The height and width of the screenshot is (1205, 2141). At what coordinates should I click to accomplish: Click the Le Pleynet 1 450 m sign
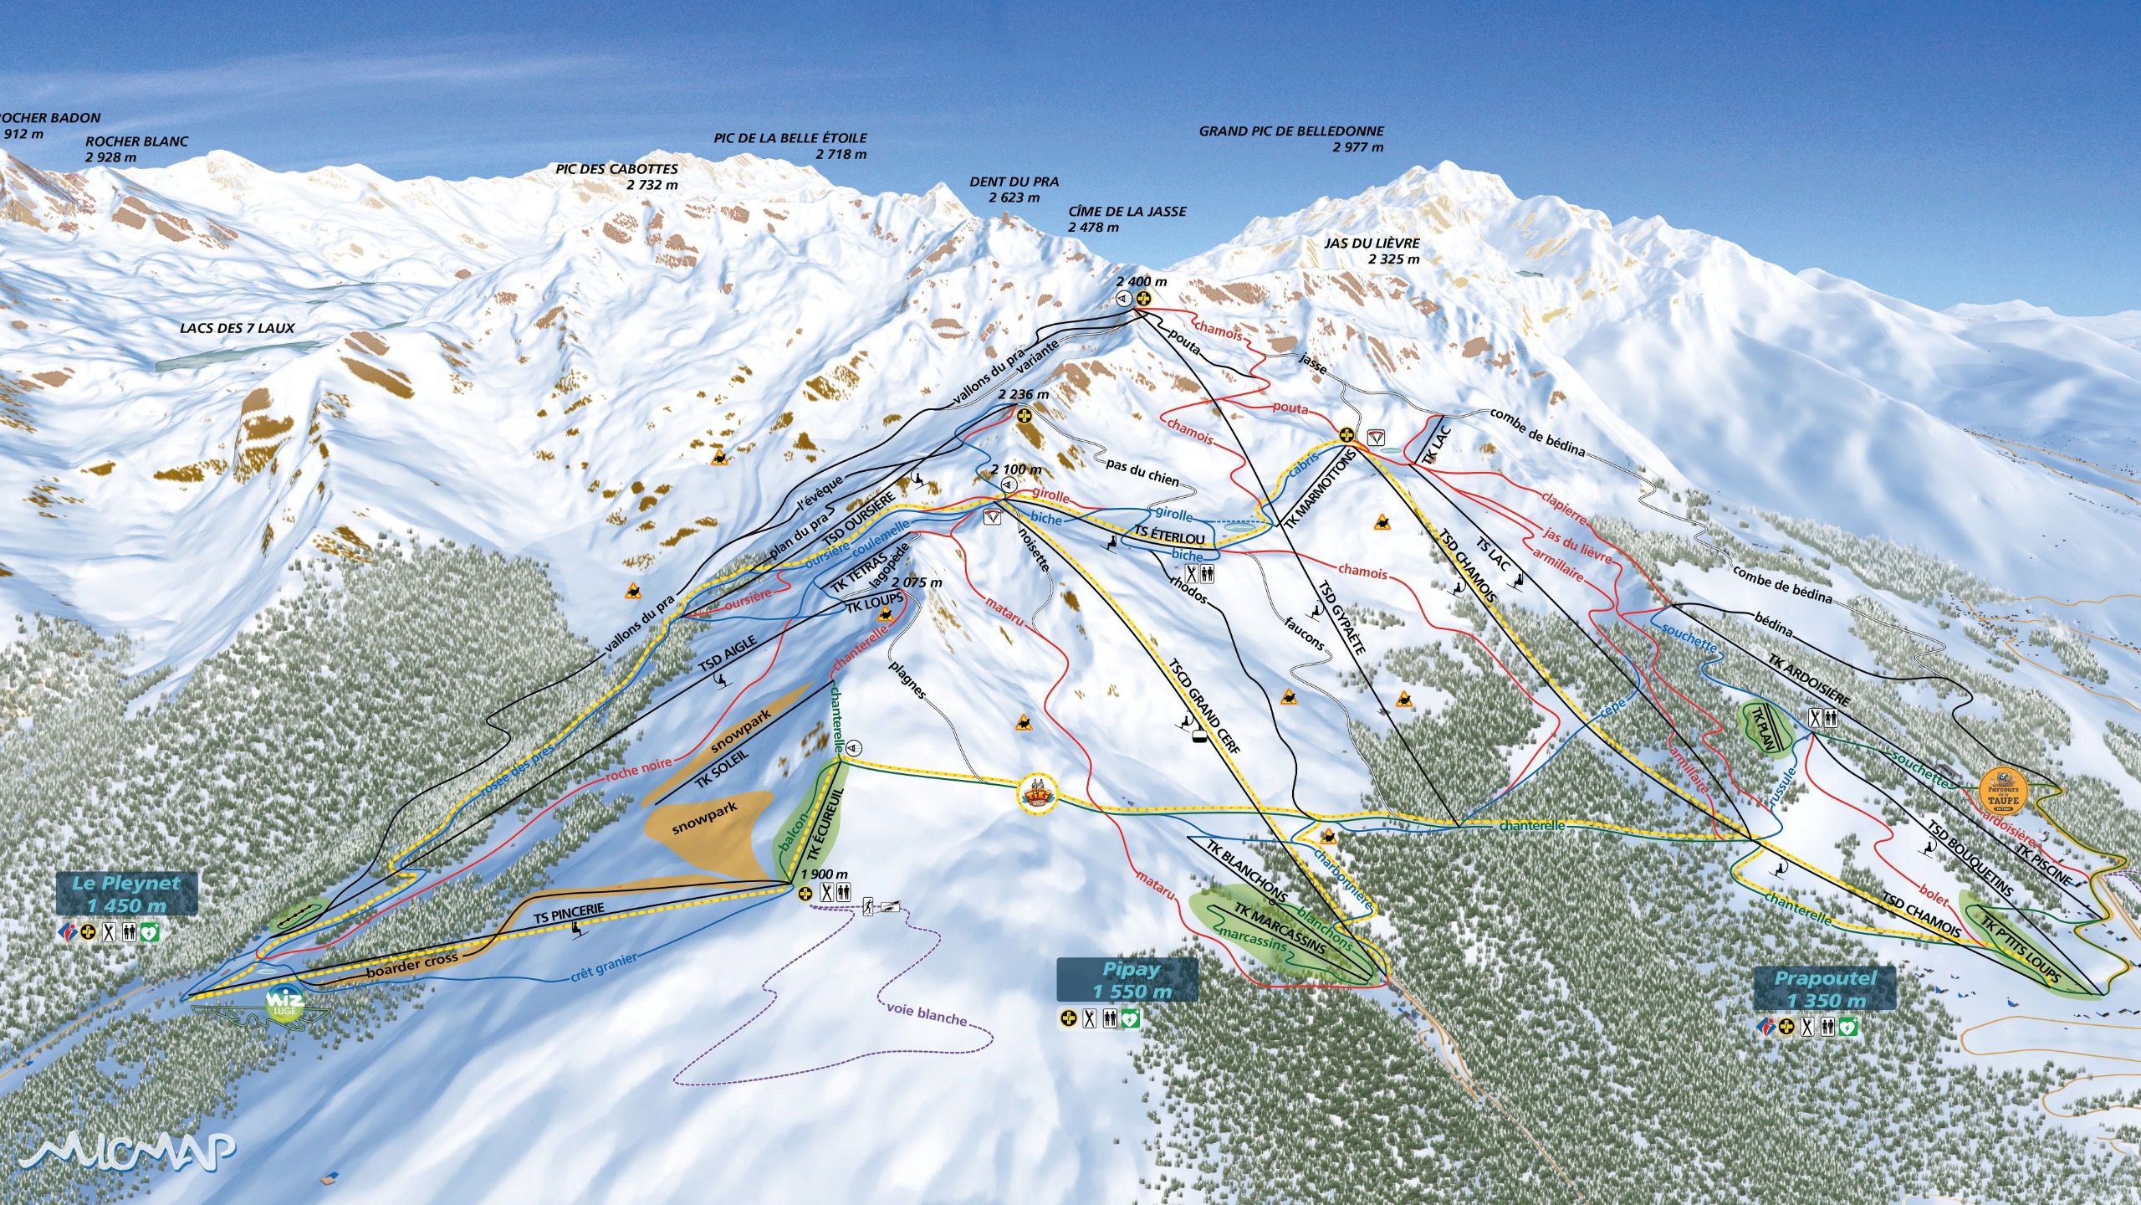click(126, 893)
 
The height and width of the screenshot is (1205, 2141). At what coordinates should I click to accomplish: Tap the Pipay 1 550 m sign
click(1127, 980)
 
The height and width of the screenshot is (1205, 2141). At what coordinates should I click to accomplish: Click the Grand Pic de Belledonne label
click(1291, 139)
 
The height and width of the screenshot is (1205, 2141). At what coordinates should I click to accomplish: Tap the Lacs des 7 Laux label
click(238, 328)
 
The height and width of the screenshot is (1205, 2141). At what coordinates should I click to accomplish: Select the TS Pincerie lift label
click(569, 913)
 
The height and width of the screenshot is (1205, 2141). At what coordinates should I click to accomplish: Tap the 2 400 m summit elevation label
click(1141, 282)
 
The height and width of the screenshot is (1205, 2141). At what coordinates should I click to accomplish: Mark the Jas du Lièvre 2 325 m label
click(1372, 250)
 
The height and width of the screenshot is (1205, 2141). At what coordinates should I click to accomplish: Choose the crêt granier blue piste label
click(604, 967)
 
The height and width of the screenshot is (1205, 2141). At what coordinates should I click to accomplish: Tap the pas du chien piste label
click(1142, 472)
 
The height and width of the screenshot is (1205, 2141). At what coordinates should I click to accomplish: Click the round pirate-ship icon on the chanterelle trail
click(1038, 792)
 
